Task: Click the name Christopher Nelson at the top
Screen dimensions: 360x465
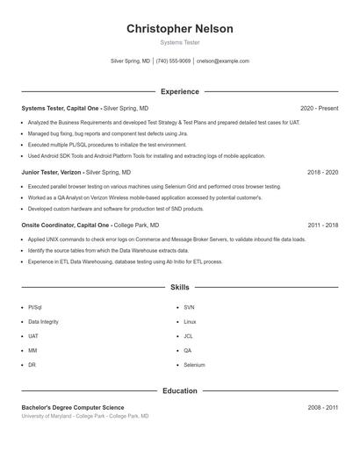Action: (180, 29)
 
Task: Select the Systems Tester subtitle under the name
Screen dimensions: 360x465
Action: (180, 42)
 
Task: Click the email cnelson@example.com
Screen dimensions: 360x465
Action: (223, 61)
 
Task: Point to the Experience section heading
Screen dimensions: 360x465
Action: (180, 91)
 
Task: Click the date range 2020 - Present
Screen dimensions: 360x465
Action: (319, 108)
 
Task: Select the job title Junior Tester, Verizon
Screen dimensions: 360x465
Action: (52, 173)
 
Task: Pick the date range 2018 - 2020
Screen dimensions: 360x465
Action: (323, 173)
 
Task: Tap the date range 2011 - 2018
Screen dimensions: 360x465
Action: (323, 225)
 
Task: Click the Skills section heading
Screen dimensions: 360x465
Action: (180, 287)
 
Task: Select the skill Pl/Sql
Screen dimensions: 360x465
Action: (35, 308)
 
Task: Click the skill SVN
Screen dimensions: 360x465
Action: (189, 308)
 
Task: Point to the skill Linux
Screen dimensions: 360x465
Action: (190, 322)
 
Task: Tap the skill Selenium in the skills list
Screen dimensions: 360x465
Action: (194, 364)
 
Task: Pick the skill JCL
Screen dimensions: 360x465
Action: (189, 336)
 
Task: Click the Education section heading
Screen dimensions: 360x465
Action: (180, 390)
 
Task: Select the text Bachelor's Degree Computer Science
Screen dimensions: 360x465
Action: (73, 407)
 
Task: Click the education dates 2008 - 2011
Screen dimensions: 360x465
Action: (323, 407)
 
